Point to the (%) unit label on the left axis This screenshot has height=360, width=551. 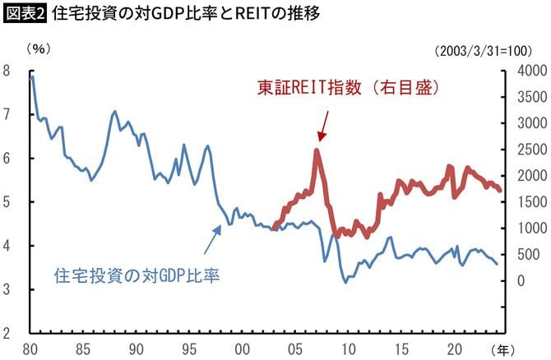(x=39, y=50)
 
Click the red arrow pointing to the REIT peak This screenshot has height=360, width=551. (x=322, y=126)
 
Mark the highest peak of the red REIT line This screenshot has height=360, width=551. (x=317, y=150)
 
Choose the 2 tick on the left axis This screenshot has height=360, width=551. (x=7, y=333)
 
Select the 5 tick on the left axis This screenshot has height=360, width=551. (x=7, y=202)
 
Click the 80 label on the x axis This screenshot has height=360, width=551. (x=30, y=348)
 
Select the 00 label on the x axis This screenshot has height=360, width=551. (x=242, y=348)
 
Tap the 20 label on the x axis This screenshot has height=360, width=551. (x=453, y=348)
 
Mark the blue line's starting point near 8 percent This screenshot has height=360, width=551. (x=31, y=76)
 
